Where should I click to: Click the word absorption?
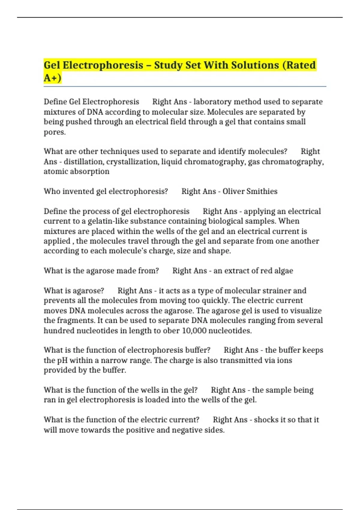(93, 172)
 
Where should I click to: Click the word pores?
(54, 132)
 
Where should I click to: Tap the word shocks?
(266, 420)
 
